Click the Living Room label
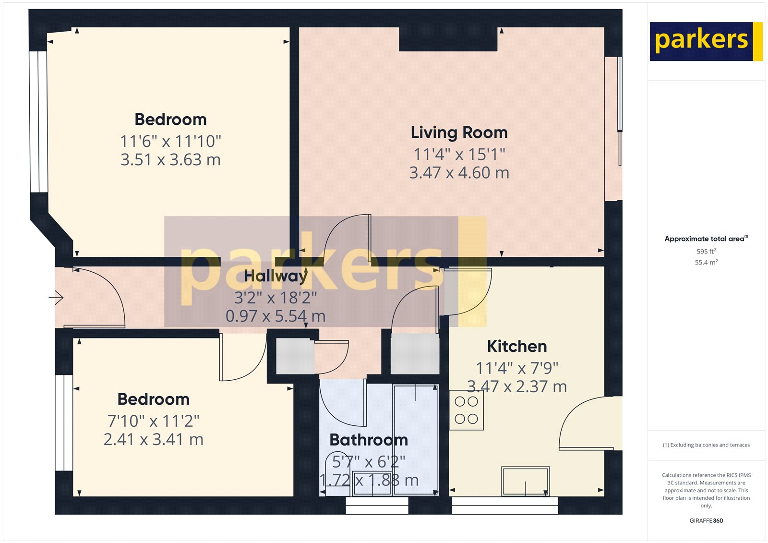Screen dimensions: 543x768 tap(459, 133)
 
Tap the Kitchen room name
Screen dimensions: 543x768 tap(517, 346)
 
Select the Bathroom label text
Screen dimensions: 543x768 tap(369, 440)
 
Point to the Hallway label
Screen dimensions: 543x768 tap(276, 276)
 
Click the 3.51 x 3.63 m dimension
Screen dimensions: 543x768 tap(170, 160)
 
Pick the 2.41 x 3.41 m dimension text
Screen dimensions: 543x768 tap(154, 439)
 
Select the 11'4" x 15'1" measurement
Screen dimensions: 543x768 tap(459, 155)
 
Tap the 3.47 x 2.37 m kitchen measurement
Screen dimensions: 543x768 tap(517, 386)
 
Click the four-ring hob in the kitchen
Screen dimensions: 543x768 tap(466, 410)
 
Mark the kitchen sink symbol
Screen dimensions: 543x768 tap(526, 481)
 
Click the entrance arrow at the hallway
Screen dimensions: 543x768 tap(56, 298)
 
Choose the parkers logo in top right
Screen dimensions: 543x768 tap(705, 41)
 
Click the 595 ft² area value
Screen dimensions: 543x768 tap(706, 251)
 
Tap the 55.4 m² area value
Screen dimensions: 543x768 tap(706, 262)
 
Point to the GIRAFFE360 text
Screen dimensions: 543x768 tap(706, 520)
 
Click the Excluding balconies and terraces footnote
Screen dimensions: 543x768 tap(706, 445)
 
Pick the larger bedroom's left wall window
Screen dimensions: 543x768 tap(38, 122)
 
